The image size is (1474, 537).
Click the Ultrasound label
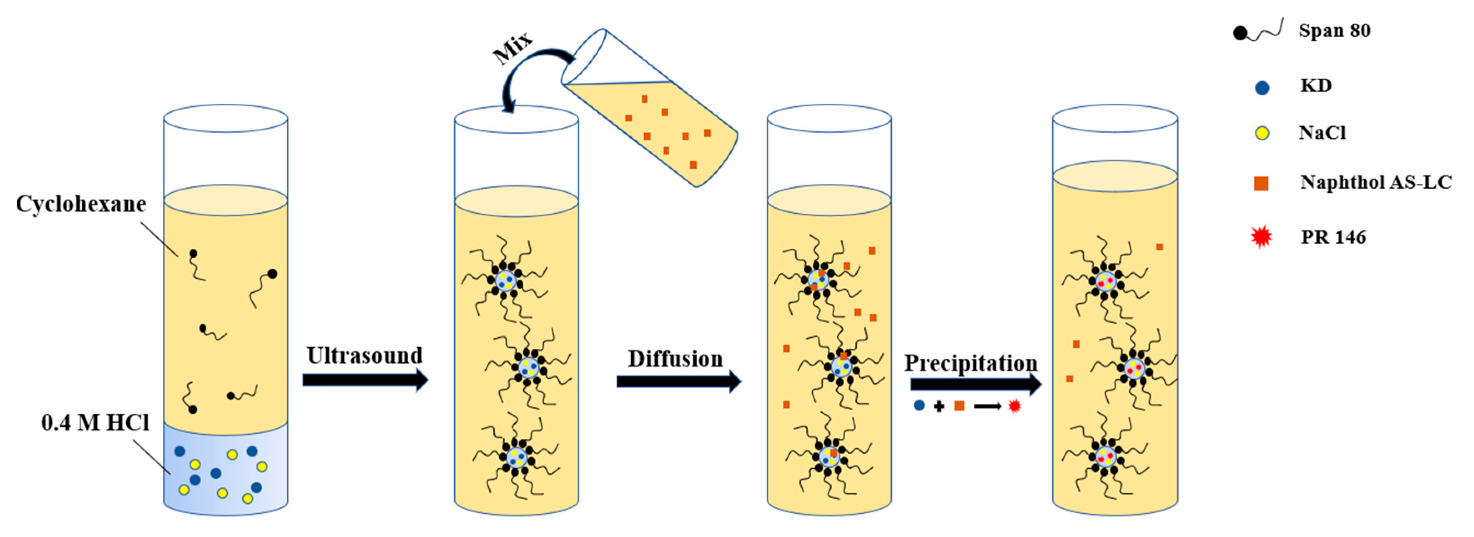click(364, 356)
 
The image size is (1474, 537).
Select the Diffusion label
click(675, 359)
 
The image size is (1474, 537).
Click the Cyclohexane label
click(80, 204)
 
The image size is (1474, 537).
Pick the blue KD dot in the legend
click(1262, 87)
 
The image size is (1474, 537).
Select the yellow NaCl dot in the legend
click(1262, 134)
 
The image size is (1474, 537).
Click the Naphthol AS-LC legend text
click(1376, 182)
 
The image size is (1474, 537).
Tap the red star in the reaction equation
click(1014, 406)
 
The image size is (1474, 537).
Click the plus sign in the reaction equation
click(939, 406)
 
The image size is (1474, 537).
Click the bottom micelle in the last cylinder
click(1105, 456)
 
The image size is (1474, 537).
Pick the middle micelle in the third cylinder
click(841, 366)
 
